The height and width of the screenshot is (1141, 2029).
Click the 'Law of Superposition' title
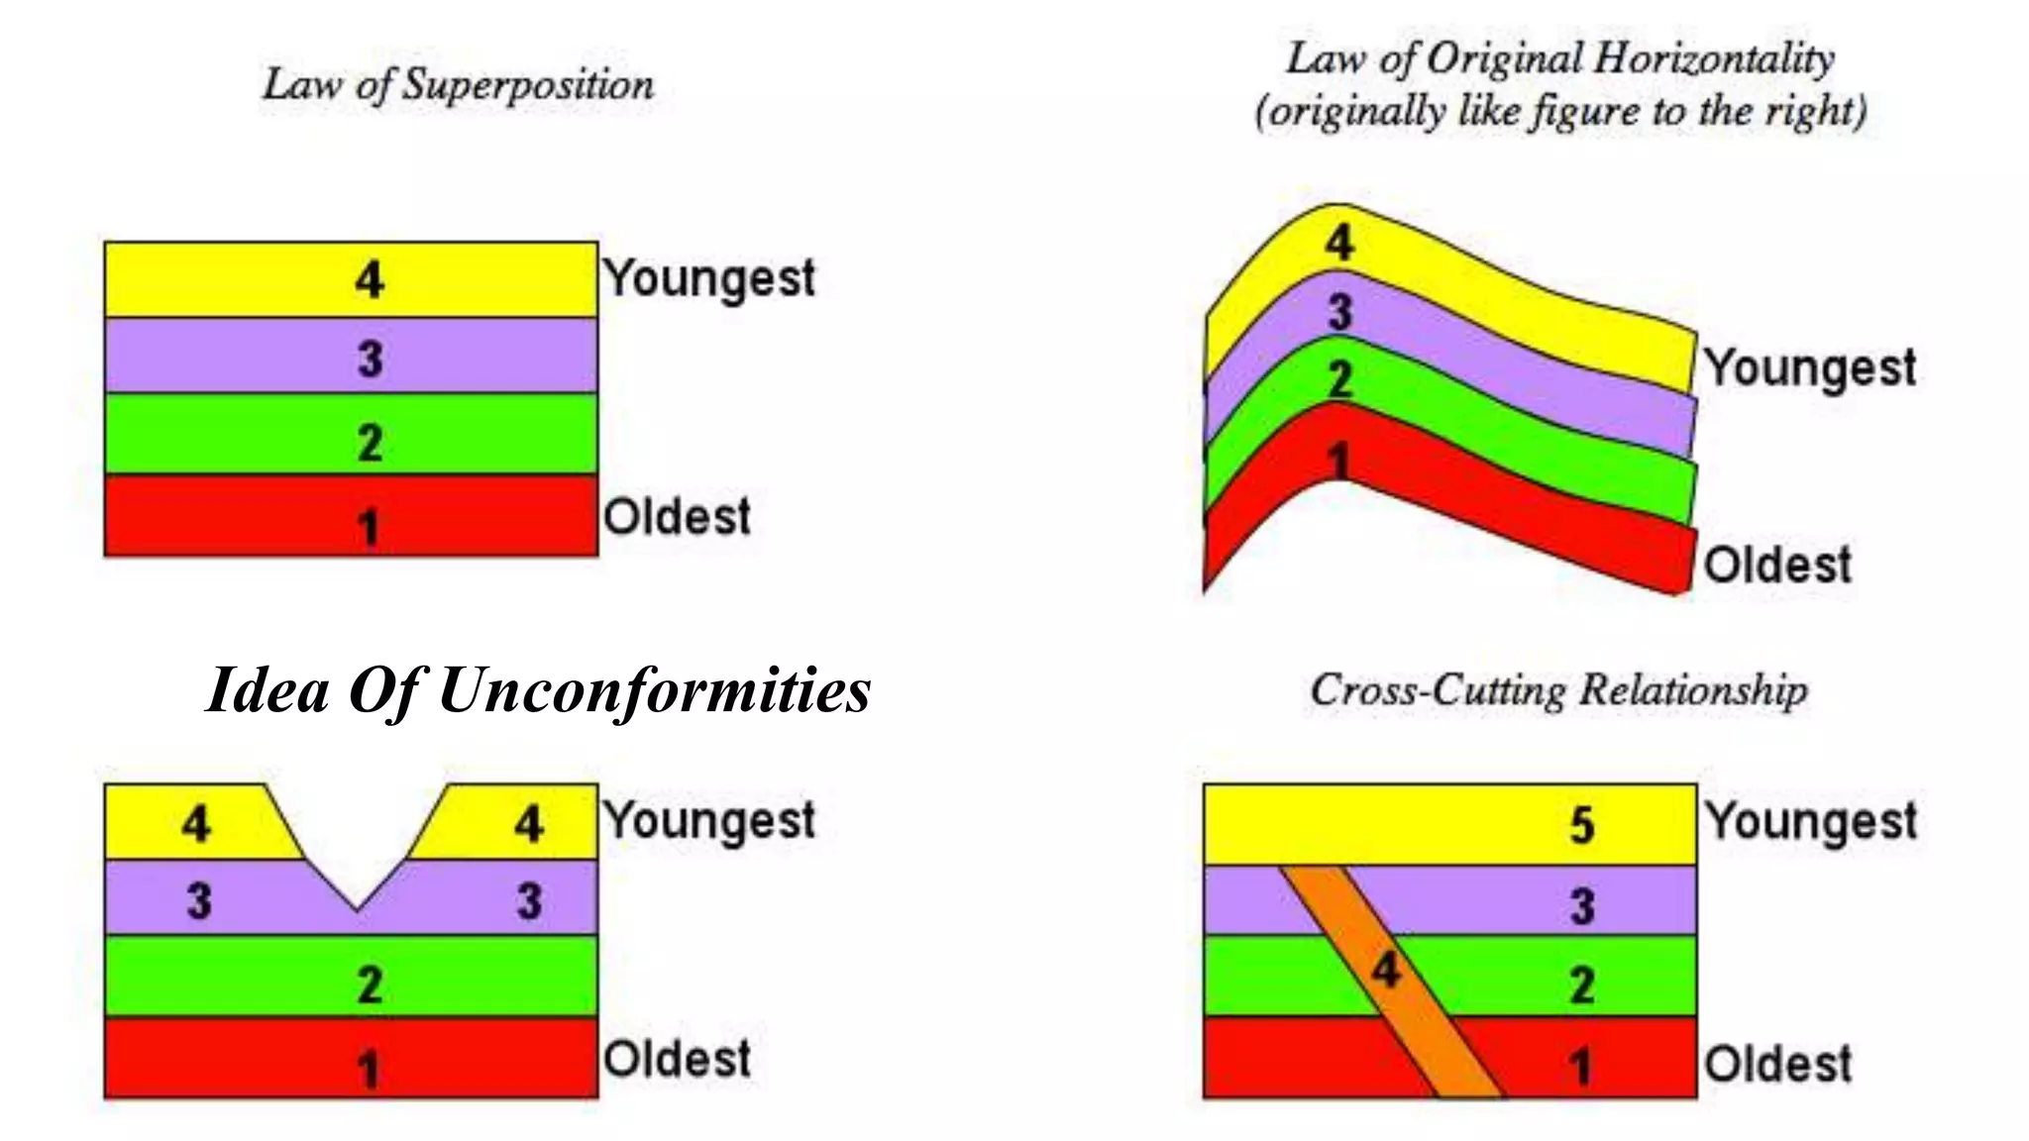click(458, 84)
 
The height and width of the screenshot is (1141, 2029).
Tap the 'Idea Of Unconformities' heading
click(538, 689)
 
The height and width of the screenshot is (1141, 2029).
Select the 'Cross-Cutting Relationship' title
click(1558, 689)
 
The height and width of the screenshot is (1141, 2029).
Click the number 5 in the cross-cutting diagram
click(1582, 825)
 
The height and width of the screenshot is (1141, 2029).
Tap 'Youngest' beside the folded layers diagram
click(1810, 368)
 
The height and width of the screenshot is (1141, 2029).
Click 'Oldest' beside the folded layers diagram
click(1777, 566)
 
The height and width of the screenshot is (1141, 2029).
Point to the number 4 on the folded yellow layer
click(1339, 243)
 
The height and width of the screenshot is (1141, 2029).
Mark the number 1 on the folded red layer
click(1338, 462)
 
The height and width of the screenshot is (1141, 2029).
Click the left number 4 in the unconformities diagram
click(196, 824)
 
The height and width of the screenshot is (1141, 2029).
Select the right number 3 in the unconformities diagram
click(529, 901)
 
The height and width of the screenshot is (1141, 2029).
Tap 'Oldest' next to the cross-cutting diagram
click(1777, 1064)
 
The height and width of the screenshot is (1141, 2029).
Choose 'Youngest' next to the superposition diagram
click(709, 278)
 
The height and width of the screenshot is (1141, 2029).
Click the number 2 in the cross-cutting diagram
click(1582, 985)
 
